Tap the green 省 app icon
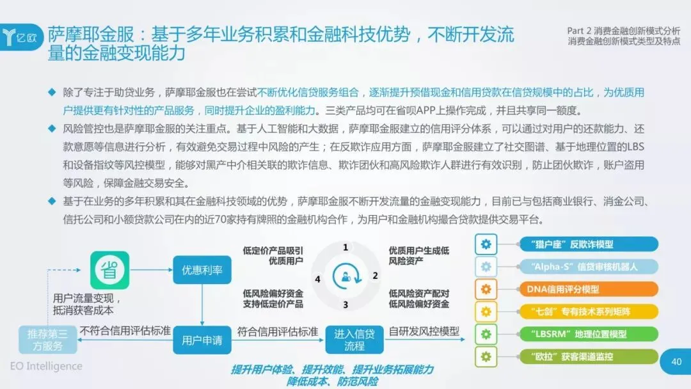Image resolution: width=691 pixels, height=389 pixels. pyautogui.click(x=109, y=271)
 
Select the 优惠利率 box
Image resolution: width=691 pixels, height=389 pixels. pyautogui.click(x=202, y=270)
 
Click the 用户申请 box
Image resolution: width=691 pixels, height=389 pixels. pyautogui.click(x=202, y=340)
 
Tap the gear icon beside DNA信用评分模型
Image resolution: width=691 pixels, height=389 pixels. pyautogui.click(x=486, y=289)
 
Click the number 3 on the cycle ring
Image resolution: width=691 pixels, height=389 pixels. pyautogui.click(x=345, y=305)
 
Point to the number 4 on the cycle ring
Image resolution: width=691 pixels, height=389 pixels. pyautogui.click(x=317, y=279)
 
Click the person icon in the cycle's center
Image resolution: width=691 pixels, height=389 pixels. pyautogui.click(x=345, y=276)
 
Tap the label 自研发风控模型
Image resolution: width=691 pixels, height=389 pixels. pyautogui.click(x=424, y=331)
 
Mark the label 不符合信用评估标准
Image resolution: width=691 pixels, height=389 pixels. pyautogui.click(x=125, y=331)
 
